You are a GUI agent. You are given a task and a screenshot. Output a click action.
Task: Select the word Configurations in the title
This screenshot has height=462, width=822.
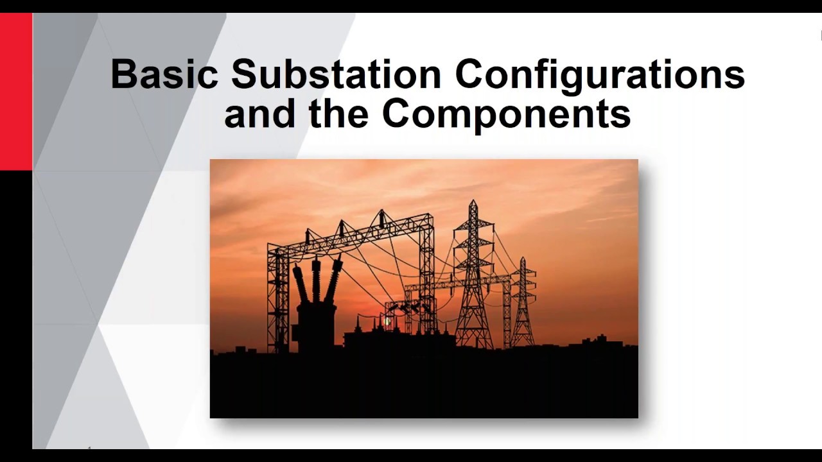[x=600, y=76]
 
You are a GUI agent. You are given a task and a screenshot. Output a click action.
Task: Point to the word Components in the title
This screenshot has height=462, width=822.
[x=506, y=114]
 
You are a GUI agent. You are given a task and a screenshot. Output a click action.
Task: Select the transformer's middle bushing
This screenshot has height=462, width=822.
[x=316, y=279]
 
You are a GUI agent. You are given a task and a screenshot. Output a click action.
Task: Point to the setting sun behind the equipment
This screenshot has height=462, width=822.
[x=387, y=319]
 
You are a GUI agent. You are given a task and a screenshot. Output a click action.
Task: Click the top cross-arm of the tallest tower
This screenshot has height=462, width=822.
[x=473, y=225]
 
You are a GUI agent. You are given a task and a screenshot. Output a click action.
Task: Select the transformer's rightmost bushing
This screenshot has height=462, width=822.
[x=333, y=279]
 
